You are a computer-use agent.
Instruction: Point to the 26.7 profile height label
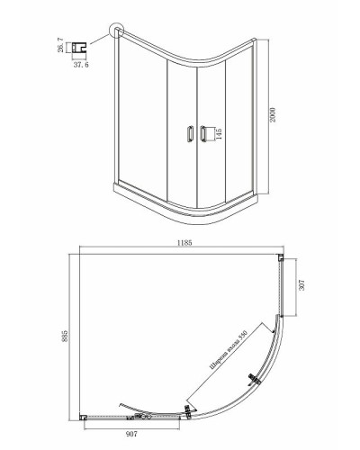coord(61,45)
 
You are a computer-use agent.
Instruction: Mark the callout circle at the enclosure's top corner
coord(117,34)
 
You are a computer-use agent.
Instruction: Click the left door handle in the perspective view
coord(188,134)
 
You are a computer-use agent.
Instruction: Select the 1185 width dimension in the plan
coord(184,243)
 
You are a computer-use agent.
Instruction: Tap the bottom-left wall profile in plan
coord(83,417)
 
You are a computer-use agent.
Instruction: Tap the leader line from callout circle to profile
coord(99,40)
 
